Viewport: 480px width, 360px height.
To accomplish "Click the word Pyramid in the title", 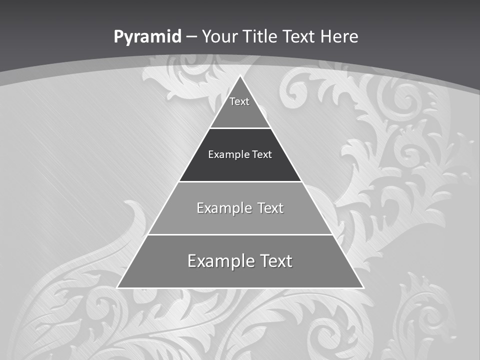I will click(x=147, y=37).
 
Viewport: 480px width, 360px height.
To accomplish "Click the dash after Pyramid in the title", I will click(x=191, y=37).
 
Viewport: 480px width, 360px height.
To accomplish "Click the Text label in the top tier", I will click(x=239, y=101).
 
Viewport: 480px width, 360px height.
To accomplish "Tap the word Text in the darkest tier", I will click(x=262, y=154).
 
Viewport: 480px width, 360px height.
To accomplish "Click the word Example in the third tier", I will click(x=218, y=208).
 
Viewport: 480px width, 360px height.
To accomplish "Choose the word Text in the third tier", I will click(x=270, y=208).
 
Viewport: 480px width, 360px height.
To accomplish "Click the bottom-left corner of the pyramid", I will click(x=117, y=287).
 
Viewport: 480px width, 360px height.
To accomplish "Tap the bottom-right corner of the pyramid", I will click(x=363, y=287).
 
